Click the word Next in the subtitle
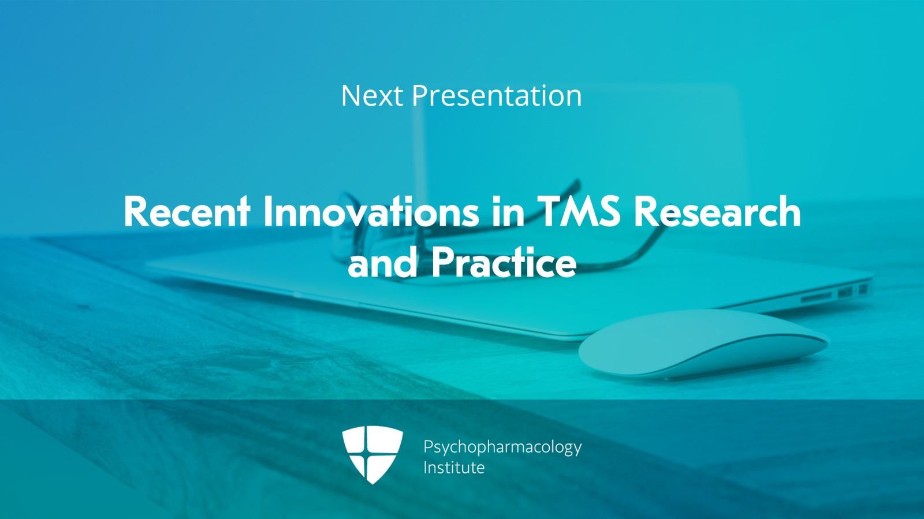point(372,96)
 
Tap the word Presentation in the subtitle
point(497,96)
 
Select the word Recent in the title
point(187,212)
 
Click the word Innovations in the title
point(371,212)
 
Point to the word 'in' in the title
point(508,212)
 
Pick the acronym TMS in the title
point(579,212)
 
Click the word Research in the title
point(717,212)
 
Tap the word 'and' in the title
point(382,263)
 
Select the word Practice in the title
point(504,263)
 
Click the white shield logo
point(372,454)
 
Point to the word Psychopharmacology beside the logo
point(502,448)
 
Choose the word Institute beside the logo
point(454,468)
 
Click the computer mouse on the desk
point(702,345)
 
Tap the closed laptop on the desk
point(462,289)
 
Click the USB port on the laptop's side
point(845,292)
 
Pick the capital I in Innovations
point(268,212)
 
